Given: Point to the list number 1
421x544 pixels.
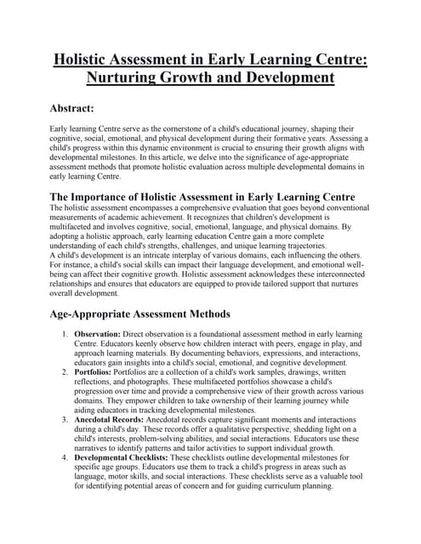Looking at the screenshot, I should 64,335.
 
